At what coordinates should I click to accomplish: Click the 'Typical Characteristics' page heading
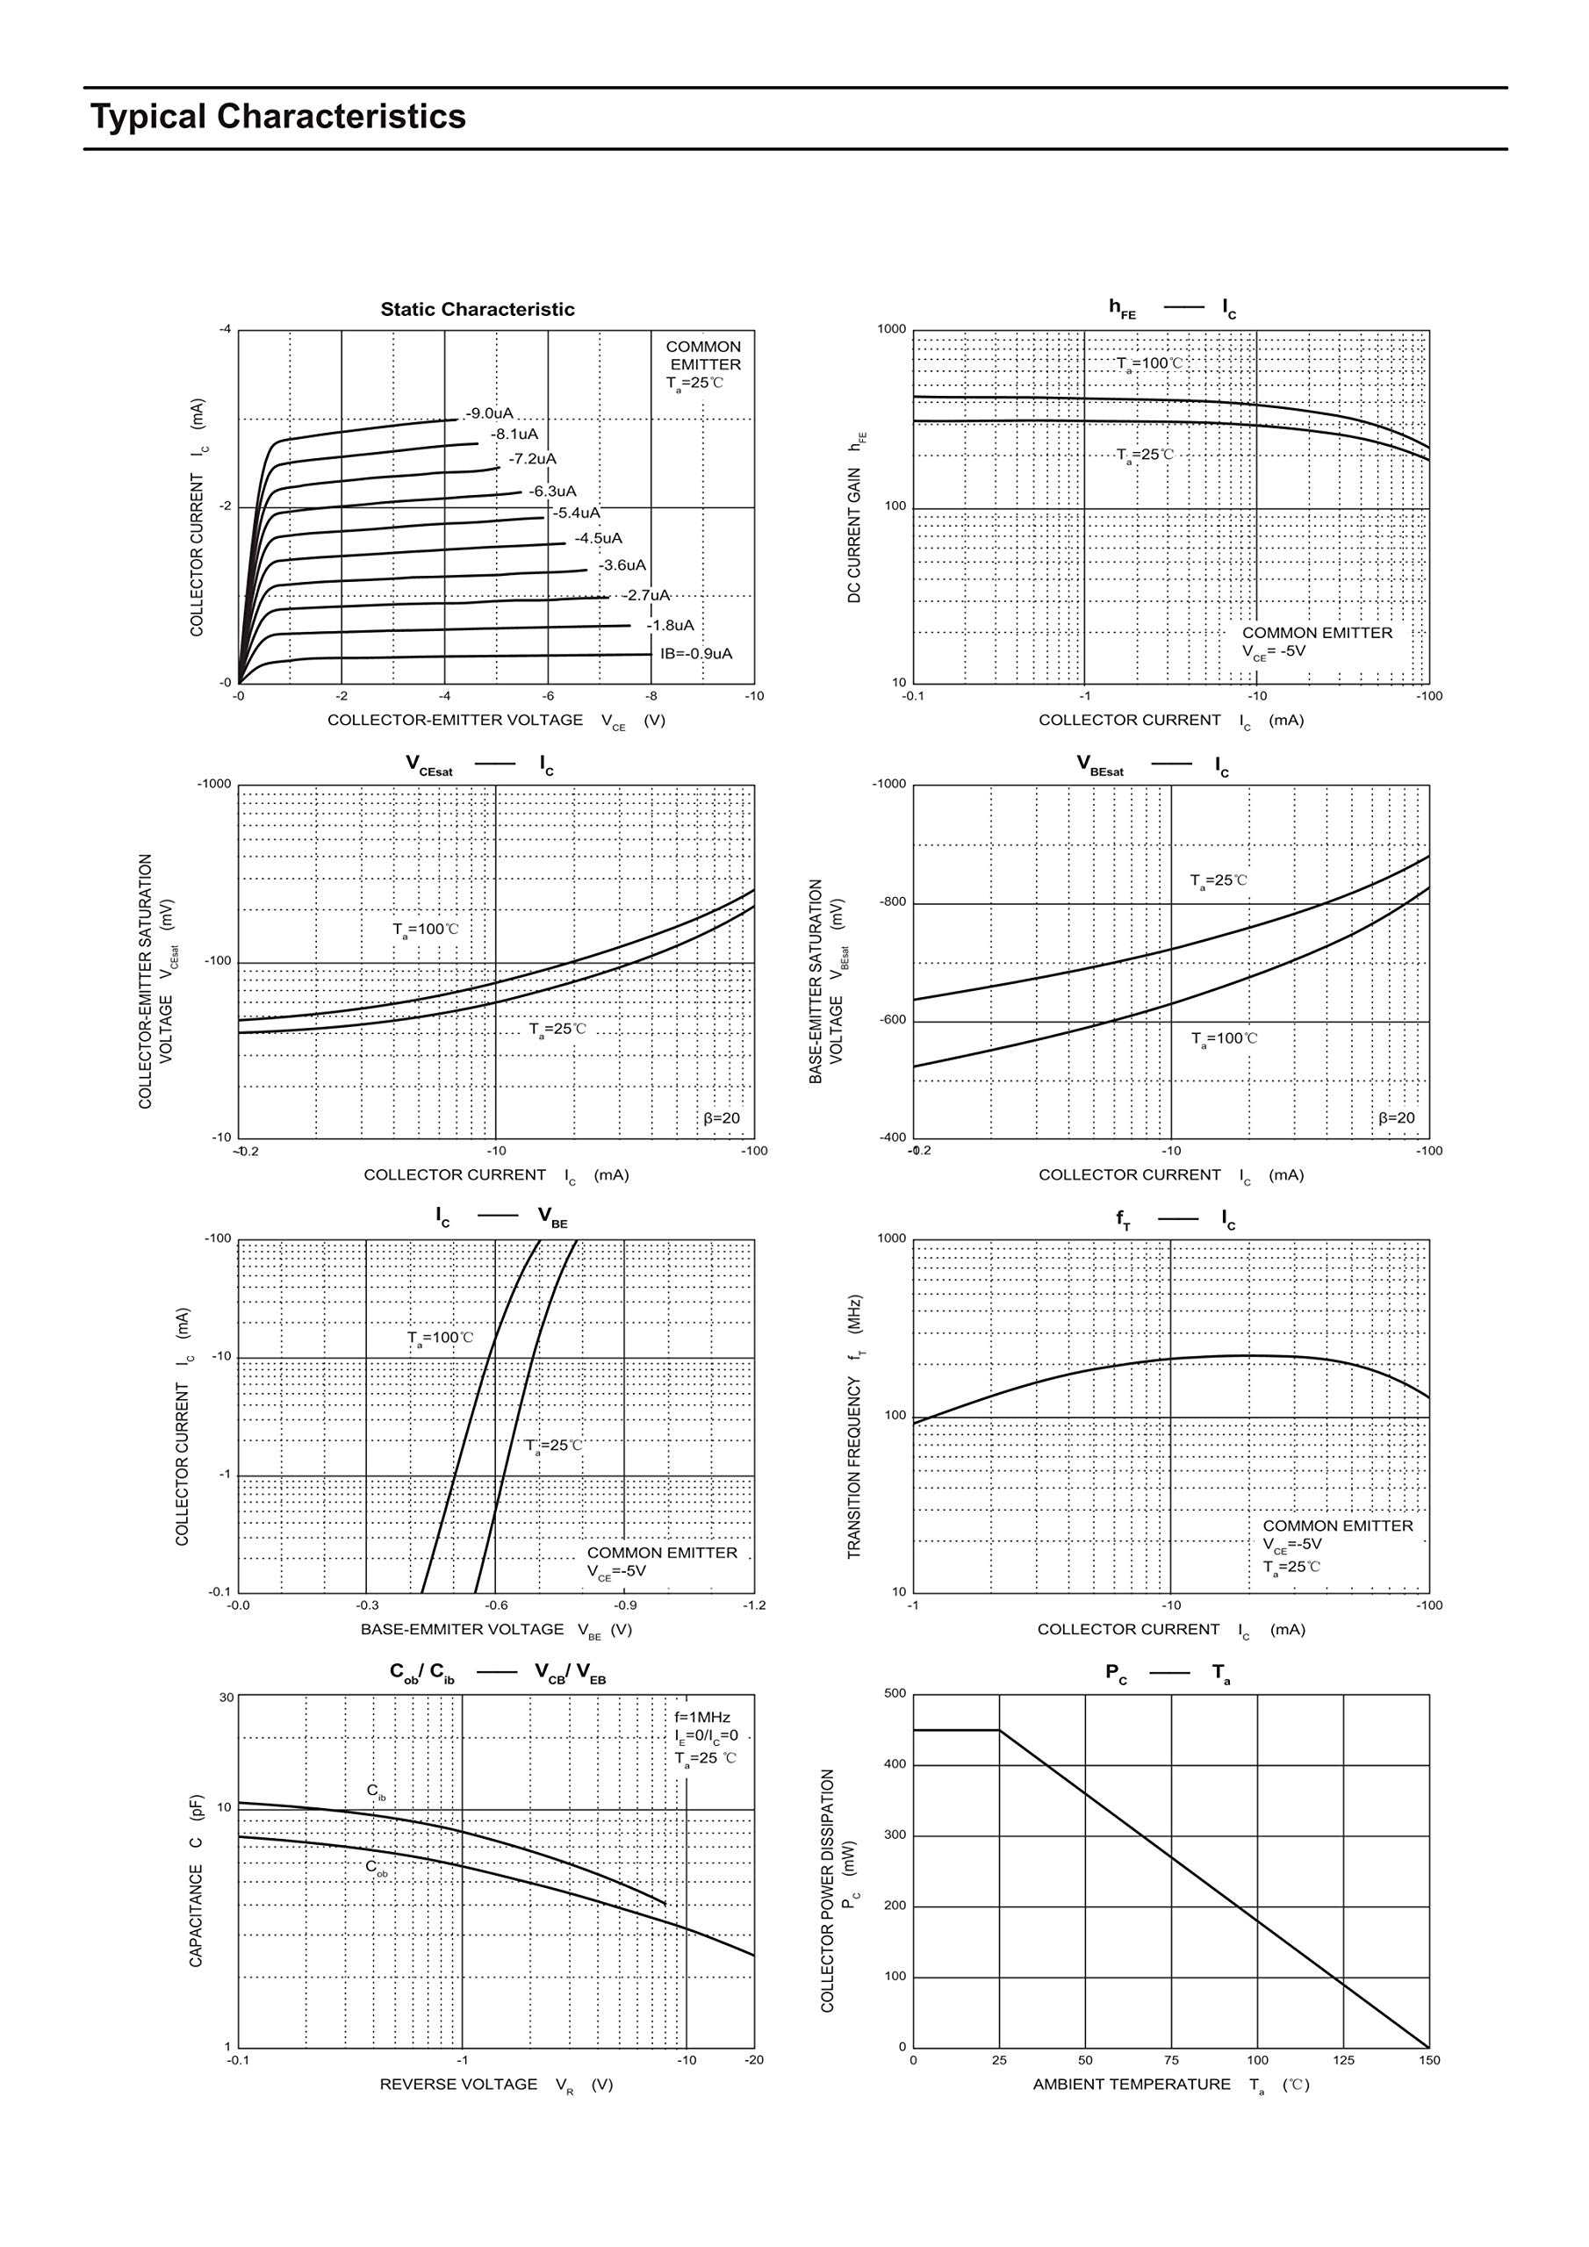[x=278, y=117]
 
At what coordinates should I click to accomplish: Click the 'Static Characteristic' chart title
[x=477, y=309]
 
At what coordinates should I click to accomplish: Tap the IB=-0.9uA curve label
[x=695, y=654]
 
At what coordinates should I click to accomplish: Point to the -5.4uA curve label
[x=576, y=513]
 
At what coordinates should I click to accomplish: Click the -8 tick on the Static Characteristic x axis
[x=651, y=696]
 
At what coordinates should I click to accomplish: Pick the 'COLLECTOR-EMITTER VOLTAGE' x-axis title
[x=456, y=721]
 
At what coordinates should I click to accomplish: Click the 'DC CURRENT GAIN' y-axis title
[x=855, y=535]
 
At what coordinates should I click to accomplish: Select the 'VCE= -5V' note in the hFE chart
[x=1274, y=650]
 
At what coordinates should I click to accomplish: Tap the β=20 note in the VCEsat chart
[x=722, y=1117]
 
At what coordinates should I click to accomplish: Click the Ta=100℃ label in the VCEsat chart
[x=425, y=929]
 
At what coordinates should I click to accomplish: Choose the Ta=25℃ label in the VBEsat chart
[x=1218, y=880]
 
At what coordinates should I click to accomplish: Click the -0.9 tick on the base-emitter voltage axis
[x=625, y=1605]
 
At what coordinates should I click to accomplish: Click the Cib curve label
[x=376, y=1791]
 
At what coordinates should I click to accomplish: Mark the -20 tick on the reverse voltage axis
[x=754, y=2060]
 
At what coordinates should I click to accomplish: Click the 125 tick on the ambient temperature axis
[x=1343, y=2060]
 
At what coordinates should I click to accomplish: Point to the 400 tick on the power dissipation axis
[x=895, y=1764]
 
